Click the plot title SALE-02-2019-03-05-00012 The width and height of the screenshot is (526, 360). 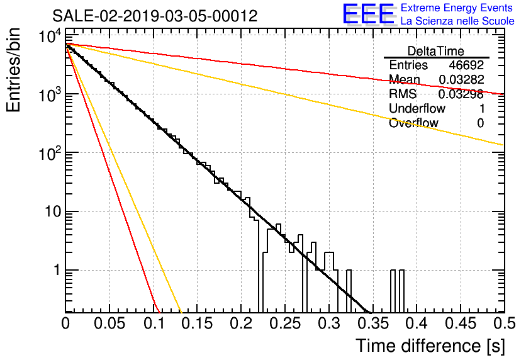pos(155,16)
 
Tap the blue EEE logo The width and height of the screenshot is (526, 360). pos(369,14)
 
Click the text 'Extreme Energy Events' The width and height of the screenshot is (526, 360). pos(457,8)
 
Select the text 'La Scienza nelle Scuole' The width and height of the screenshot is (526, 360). pos(457,21)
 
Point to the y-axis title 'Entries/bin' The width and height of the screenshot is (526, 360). pos(13,70)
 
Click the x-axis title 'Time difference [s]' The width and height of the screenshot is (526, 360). pos(430,346)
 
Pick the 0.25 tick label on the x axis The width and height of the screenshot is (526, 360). pos(286,323)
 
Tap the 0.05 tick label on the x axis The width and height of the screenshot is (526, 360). pos(109,323)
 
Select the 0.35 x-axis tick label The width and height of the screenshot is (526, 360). pos(373,323)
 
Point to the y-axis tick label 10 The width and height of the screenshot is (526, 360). pos(53,211)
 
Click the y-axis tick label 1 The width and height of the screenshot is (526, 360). pos(58,270)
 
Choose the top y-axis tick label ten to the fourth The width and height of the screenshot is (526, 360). pos(50,36)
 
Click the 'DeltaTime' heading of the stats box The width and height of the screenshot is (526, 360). pos(436,51)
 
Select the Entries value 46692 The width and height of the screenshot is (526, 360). pos(466,65)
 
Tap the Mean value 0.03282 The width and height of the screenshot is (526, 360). pos(462,79)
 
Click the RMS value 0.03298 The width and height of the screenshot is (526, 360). pos(461,94)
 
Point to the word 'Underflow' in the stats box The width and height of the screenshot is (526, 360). pos(417,108)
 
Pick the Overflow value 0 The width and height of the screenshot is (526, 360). pos(480,123)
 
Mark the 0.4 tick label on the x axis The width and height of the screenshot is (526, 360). pos(417,323)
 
